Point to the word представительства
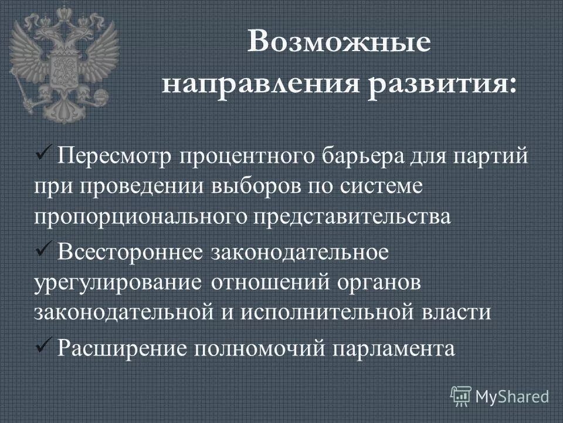pos(352,215)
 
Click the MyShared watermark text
pos(512,397)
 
